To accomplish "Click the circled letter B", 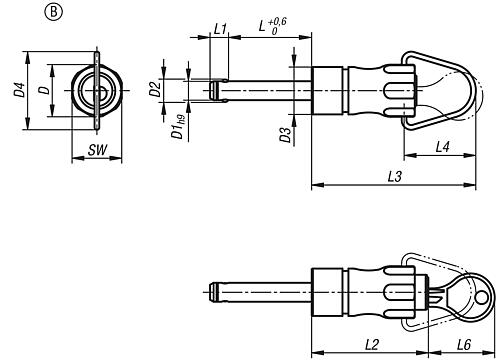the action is [53, 12].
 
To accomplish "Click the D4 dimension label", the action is [20, 90].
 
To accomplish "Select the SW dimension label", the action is [97, 150].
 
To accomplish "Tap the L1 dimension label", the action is [220, 29].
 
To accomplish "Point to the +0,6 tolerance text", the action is [277, 22].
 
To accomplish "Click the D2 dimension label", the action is [155, 89].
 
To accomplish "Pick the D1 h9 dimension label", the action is [178, 126].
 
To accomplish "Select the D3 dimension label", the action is [285, 135].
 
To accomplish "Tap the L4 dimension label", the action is [443, 147].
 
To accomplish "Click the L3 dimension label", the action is [395, 176].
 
